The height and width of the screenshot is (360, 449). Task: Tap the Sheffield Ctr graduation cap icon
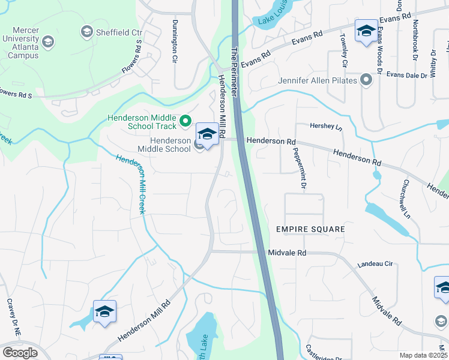(86, 31)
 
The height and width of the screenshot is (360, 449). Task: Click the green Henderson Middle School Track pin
(185, 122)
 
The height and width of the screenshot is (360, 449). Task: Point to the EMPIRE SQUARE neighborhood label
(310, 230)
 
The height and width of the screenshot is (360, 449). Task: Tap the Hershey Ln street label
(325, 127)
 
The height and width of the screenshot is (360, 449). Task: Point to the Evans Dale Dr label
(406, 76)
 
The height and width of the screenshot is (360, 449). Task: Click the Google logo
(20, 352)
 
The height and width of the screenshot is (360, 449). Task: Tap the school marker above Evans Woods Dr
(366, 31)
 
